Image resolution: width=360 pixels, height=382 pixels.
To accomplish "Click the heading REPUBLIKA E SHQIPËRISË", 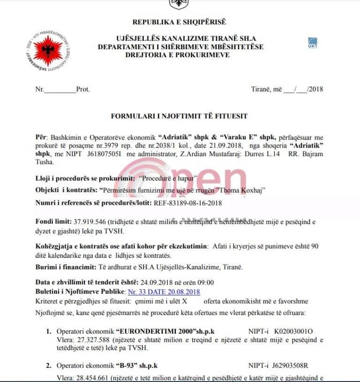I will [x=179, y=22].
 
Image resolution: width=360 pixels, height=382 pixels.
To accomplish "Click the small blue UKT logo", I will [x=312, y=43].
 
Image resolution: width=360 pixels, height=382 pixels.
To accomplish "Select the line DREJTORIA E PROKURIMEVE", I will [x=178, y=55].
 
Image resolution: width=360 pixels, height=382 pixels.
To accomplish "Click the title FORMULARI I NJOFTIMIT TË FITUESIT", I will [x=179, y=115].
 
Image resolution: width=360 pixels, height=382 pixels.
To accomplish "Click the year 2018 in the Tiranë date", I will [x=316, y=89].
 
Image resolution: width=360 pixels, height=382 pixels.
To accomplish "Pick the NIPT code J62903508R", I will [x=294, y=365].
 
